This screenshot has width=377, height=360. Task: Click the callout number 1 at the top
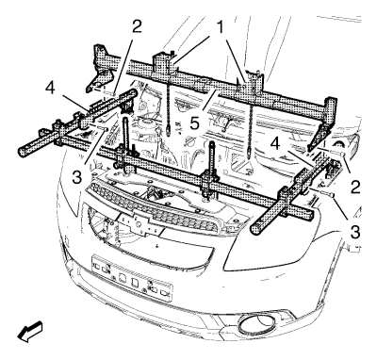(x=221, y=27)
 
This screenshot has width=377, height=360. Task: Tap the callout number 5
(x=194, y=123)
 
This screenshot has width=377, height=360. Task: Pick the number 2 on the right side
(x=355, y=187)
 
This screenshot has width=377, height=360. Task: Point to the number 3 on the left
(x=77, y=177)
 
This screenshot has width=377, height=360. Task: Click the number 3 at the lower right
(x=355, y=233)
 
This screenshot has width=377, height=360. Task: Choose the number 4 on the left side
(x=50, y=89)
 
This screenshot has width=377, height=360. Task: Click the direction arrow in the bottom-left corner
(x=30, y=331)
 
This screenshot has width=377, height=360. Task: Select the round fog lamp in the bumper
(x=254, y=324)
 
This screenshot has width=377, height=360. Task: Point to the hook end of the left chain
(x=169, y=130)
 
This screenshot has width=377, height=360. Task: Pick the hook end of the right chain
(x=249, y=153)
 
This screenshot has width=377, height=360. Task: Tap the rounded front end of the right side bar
(x=256, y=229)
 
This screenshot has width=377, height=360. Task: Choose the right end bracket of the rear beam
(x=322, y=123)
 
